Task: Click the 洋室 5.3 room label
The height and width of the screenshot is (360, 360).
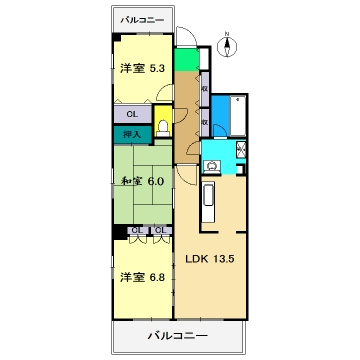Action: coord(142,67)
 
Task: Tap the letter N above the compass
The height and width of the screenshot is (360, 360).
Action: coord(228,36)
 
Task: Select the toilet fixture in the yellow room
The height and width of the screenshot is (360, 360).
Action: coord(163,125)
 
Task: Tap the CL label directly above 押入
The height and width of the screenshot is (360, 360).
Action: coord(132,114)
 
